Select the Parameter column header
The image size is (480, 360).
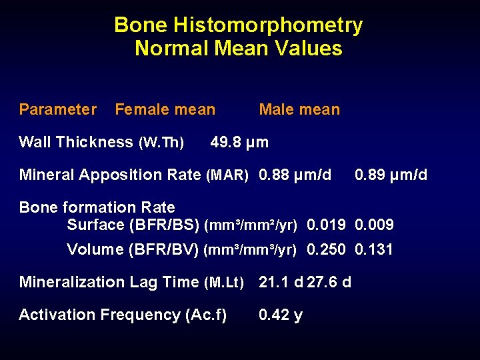tap(58, 109)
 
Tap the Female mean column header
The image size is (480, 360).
tap(165, 109)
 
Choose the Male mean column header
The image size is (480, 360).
tap(299, 109)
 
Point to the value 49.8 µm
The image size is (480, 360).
tap(239, 142)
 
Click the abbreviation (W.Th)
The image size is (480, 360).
tap(161, 142)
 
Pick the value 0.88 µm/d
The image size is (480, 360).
tap(295, 175)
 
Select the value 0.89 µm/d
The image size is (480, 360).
tap(391, 175)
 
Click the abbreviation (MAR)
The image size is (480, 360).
tap(227, 175)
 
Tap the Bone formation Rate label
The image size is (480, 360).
tap(97, 207)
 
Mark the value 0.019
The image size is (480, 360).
tap(326, 225)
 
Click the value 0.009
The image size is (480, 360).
tap(375, 225)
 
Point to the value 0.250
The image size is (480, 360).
tap(326, 250)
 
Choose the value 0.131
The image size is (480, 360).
tap(375, 250)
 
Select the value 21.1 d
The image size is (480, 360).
tap(280, 282)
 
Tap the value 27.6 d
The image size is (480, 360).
tap(329, 282)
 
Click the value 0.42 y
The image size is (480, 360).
tap(281, 315)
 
